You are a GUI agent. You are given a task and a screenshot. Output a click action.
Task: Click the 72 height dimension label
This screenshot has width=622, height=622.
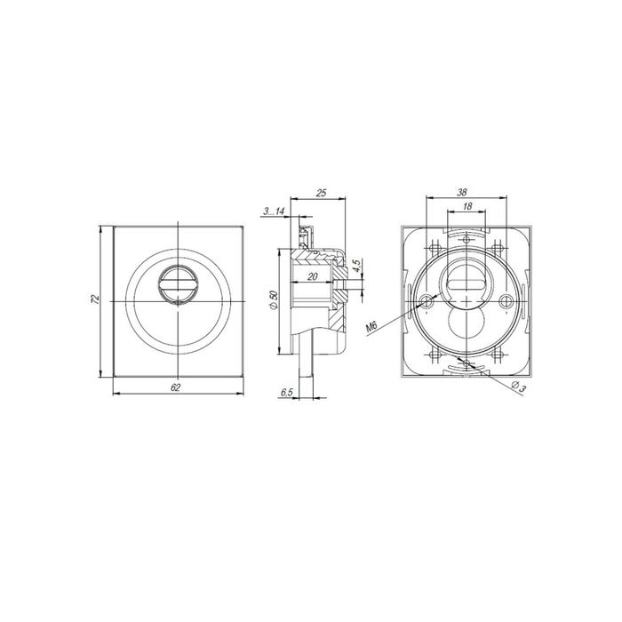[x=95, y=299]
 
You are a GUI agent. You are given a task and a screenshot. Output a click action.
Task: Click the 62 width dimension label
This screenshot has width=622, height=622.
[x=175, y=387]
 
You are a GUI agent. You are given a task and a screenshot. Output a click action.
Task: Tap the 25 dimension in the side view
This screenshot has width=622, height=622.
[x=321, y=193]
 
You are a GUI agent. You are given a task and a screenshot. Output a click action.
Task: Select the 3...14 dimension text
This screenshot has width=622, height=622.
[x=274, y=211]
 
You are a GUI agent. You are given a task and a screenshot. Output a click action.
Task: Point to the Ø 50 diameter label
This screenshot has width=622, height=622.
[x=273, y=300]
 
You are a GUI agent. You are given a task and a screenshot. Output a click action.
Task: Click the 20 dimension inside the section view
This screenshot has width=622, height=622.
[x=313, y=276]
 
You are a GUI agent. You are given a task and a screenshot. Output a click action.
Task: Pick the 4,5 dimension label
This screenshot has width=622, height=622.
[x=356, y=266]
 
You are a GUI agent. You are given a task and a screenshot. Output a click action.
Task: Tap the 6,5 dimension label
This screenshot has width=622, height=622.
[x=287, y=393]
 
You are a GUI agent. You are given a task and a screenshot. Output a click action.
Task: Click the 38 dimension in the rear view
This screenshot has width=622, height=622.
[x=462, y=193]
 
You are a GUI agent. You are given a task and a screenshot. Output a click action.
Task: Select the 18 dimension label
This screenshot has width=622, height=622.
[x=467, y=206]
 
